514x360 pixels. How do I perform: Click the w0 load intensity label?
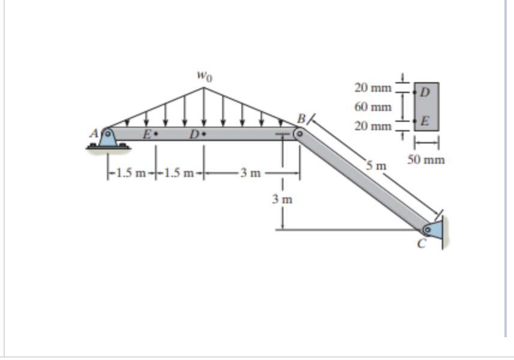point(204,77)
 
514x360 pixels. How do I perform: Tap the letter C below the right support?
point(422,244)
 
